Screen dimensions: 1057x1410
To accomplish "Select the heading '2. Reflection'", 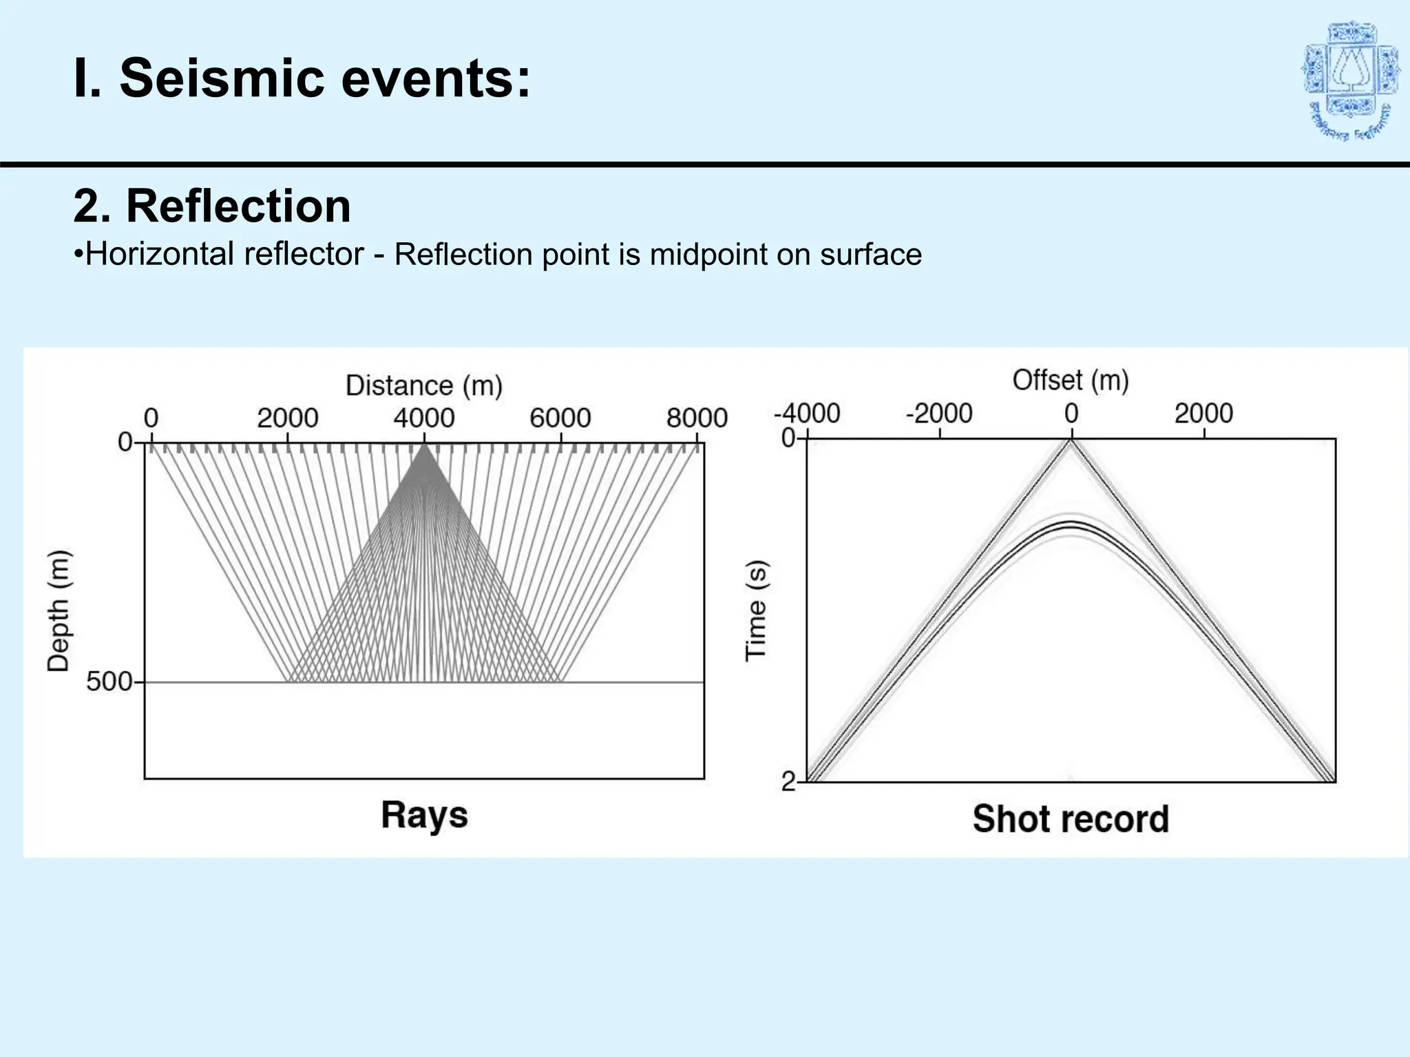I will pos(212,206).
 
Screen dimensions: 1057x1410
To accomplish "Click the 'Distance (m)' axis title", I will pos(424,385).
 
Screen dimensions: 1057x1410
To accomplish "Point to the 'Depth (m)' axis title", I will pos(59,611).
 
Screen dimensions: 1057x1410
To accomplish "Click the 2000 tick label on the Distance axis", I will pos(288,418).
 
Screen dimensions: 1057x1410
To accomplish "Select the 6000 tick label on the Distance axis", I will pos(560,418).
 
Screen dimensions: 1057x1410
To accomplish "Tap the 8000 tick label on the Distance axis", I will pos(697,418).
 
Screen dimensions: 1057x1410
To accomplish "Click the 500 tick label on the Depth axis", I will pos(109,681).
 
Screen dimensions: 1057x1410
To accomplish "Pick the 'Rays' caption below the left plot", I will pos(424,815).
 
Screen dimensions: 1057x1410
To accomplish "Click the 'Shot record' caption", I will pos(1071,819).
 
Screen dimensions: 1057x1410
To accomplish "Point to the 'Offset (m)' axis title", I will pos(1071,380).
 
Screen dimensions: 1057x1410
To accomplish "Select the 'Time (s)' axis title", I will pos(757,611).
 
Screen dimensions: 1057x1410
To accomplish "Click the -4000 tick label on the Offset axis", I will pos(807,414).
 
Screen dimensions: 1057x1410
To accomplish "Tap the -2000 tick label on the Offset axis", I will pos(939,414).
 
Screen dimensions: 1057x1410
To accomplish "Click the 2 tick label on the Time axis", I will pos(788,781).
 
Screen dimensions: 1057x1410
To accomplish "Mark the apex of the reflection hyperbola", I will pos(1071,524).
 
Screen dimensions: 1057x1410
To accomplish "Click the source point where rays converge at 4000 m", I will pos(424,446).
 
